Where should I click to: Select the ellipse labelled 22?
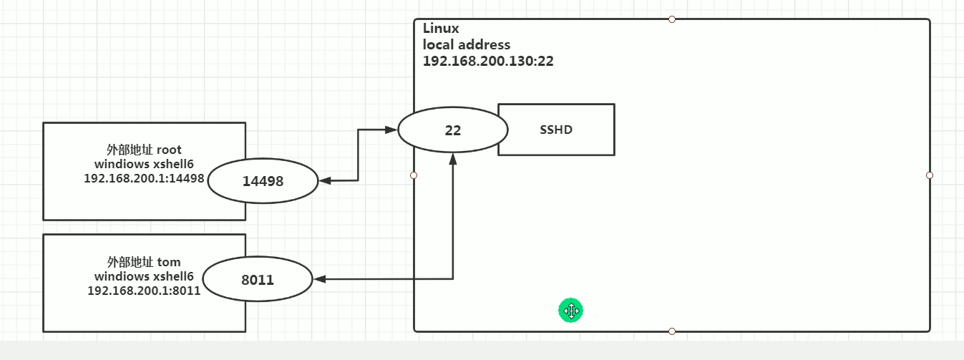(x=453, y=130)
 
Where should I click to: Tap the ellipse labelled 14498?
(x=263, y=181)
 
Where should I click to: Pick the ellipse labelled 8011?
(x=258, y=279)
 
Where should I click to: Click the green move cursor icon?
(x=570, y=310)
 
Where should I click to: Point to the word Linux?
(x=441, y=29)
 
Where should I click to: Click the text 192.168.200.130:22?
(x=488, y=61)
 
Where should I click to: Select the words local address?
(x=467, y=45)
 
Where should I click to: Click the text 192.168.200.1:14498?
(x=144, y=178)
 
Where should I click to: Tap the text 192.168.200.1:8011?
(x=144, y=291)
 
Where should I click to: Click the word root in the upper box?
(x=169, y=150)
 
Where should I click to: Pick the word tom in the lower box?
(x=169, y=262)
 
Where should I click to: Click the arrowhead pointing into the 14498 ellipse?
(x=325, y=181)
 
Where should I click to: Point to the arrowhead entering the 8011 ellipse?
(x=319, y=279)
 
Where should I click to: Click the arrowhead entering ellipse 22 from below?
(x=453, y=159)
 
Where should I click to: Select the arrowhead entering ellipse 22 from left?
(x=391, y=130)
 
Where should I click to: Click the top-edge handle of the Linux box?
(x=672, y=19)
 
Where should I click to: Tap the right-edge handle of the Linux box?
(x=930, y=175)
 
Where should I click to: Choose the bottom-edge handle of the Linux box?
(x=672, y=331)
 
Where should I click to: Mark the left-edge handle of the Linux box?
(x=414, y=175)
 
